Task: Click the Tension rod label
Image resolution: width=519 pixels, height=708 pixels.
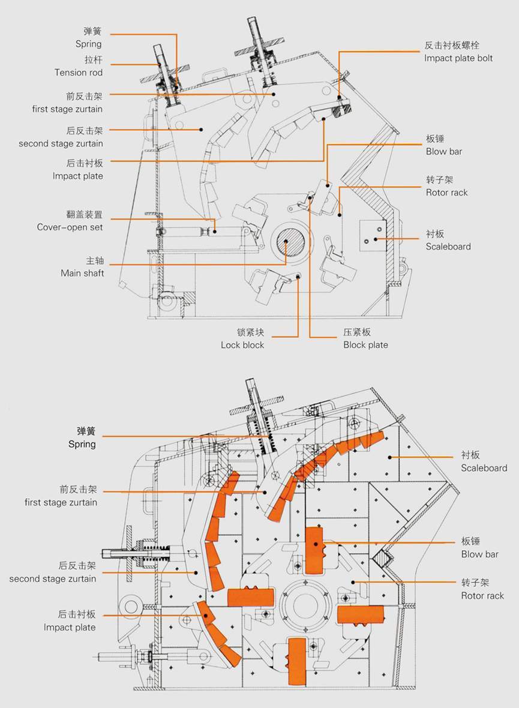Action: pyautogui.click(x=79, y=73)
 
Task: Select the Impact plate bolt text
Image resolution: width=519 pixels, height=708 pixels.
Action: pyautogui.click(x=458, y=58)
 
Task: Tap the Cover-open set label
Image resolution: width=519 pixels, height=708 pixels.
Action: pyautogui.click(x=70, y=227)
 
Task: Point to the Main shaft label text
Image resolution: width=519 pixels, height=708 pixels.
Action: pyautogui.click(x=82, y=273)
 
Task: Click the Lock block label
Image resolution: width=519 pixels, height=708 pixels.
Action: pyautogui.click(x=242, y=344)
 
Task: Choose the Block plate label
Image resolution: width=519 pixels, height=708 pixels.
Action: pyautogui.click(x=365, y=344)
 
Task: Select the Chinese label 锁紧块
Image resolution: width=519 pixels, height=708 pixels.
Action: pyautogui.click(x=251, y=332)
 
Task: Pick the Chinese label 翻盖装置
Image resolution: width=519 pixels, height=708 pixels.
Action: pyautogui.click(x=85, y=214)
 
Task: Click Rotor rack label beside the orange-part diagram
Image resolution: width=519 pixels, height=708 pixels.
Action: pyautogui.click(x=482, y=595)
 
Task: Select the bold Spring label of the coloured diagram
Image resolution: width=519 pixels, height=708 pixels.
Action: pyautogui.click(x=82, y=444)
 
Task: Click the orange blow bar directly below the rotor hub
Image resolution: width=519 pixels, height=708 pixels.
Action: pyautogui.click(x=298, y=661)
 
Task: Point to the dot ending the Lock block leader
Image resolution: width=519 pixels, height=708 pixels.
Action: pyautogui.click(x=298, y=275)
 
